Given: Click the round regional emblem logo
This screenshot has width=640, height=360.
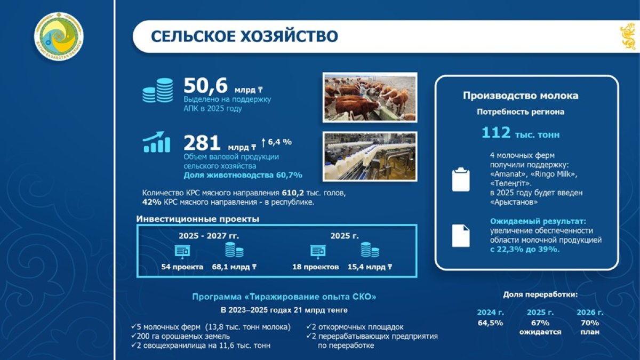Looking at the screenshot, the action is pyautogui.click(x=59, y=36).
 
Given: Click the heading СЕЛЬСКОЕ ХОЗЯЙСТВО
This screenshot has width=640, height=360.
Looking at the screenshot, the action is pyautogui.click(x=244, y=36).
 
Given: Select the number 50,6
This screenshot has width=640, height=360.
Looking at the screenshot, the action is pyautogui.click(x=205, y=85).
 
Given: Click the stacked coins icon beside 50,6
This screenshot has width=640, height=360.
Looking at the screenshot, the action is pyautogui.click(x=158, y=90).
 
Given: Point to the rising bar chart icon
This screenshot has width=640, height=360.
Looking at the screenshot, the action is pyautogui.click(x=157, y=142).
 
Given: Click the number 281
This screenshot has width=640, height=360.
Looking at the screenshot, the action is pyautogui.click(x=202, y=143).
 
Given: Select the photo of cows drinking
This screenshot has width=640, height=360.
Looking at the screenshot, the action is pyautogui.click(x=370, y=98).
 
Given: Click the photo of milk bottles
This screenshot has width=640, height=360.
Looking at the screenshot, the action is pyautogui.click(x=370, y=157).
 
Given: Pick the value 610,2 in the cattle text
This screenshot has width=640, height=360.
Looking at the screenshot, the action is pyautogui.click(x=293, y=193).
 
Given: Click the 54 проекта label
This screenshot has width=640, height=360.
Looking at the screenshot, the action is pyautogui.click(x=182, y=267).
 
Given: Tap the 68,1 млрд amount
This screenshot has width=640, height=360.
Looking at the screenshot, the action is pyautogui.click(x=234, y=267).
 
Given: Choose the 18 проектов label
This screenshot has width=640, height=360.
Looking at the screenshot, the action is pyautogui.click(x=315, y=267).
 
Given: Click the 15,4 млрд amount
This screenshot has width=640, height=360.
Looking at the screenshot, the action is pyautogui.click(x=370, y=267).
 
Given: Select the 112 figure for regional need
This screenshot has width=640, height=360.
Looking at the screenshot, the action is pyautogui.click(x=495, y=133).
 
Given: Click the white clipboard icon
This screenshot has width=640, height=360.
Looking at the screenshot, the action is pyautogui.click(x=461, y=179).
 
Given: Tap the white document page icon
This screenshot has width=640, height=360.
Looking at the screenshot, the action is pyautogui.click(x=461, y=236).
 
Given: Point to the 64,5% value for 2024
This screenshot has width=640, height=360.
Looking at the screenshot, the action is pyautogui.click(x=490, y=323).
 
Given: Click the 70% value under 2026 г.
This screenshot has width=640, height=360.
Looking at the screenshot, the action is pyautogui.click(x=590, y=323).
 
